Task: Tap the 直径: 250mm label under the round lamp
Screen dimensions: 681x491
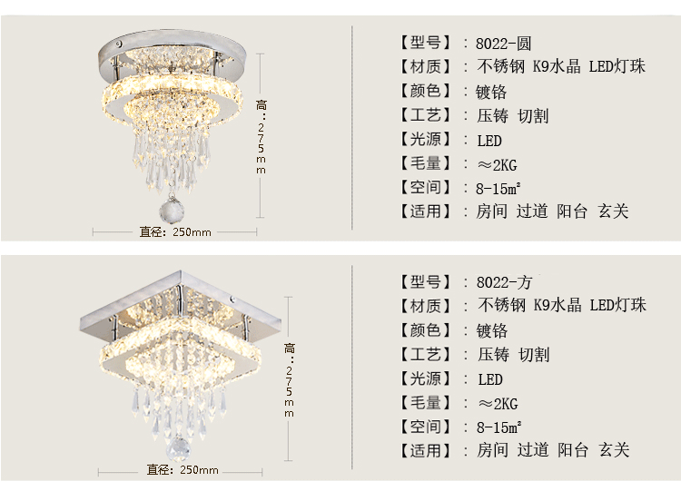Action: pos(175,231)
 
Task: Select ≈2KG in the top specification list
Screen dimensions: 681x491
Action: pos(497,164)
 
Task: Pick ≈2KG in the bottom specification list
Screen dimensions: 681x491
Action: pos(497,403)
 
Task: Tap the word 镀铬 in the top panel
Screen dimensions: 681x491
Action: pos(491,92)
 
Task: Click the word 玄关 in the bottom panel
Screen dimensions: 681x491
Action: pos(614,450)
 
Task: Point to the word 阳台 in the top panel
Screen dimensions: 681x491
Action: pos(573,211)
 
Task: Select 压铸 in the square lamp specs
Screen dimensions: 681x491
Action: pos(492,355)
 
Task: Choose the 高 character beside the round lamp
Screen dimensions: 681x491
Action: pos(262,103)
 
